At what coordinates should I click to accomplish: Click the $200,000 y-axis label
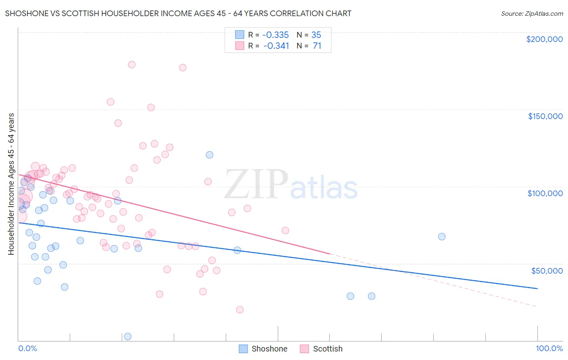(x=544, y=39)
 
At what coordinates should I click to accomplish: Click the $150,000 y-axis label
(x=545, y=116)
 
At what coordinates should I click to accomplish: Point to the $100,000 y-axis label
(x=545, y=193)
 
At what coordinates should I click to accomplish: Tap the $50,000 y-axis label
(x=547, y=270)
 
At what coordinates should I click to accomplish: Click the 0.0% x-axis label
(x=27, y=348)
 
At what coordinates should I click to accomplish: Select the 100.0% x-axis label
(x=549, y=348)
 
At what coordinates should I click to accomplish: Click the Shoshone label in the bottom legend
(x=269, y=349)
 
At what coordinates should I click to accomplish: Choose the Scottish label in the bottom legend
(x=328, y=349)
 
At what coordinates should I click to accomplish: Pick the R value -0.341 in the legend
(x=276, y=46)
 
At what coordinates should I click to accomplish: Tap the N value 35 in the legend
(x=316, y=35)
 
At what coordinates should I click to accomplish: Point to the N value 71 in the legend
(x=317, y=46)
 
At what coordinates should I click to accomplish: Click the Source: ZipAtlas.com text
(x=532, y=13)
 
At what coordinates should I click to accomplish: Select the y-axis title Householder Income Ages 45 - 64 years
(x=11, y=184)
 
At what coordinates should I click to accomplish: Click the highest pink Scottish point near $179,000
(x=131, y=65)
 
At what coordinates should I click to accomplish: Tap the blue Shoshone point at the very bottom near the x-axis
(x=128, y=337)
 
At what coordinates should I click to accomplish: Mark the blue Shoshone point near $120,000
(x=209, y=155)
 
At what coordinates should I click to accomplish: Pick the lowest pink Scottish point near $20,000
(x=240, y=310)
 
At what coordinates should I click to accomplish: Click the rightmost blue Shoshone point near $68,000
(x=442, y=237)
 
